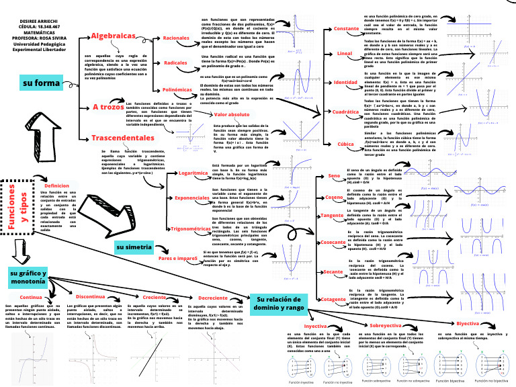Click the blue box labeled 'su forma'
(43, 83)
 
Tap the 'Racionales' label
(176, 38)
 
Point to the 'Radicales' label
(175, 62)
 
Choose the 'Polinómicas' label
(177, 89)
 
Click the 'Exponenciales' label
(192, 199)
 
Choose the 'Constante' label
(346, 29)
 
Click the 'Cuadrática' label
(346, 112)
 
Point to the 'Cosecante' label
(333, 242)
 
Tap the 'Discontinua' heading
(89, 296)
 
